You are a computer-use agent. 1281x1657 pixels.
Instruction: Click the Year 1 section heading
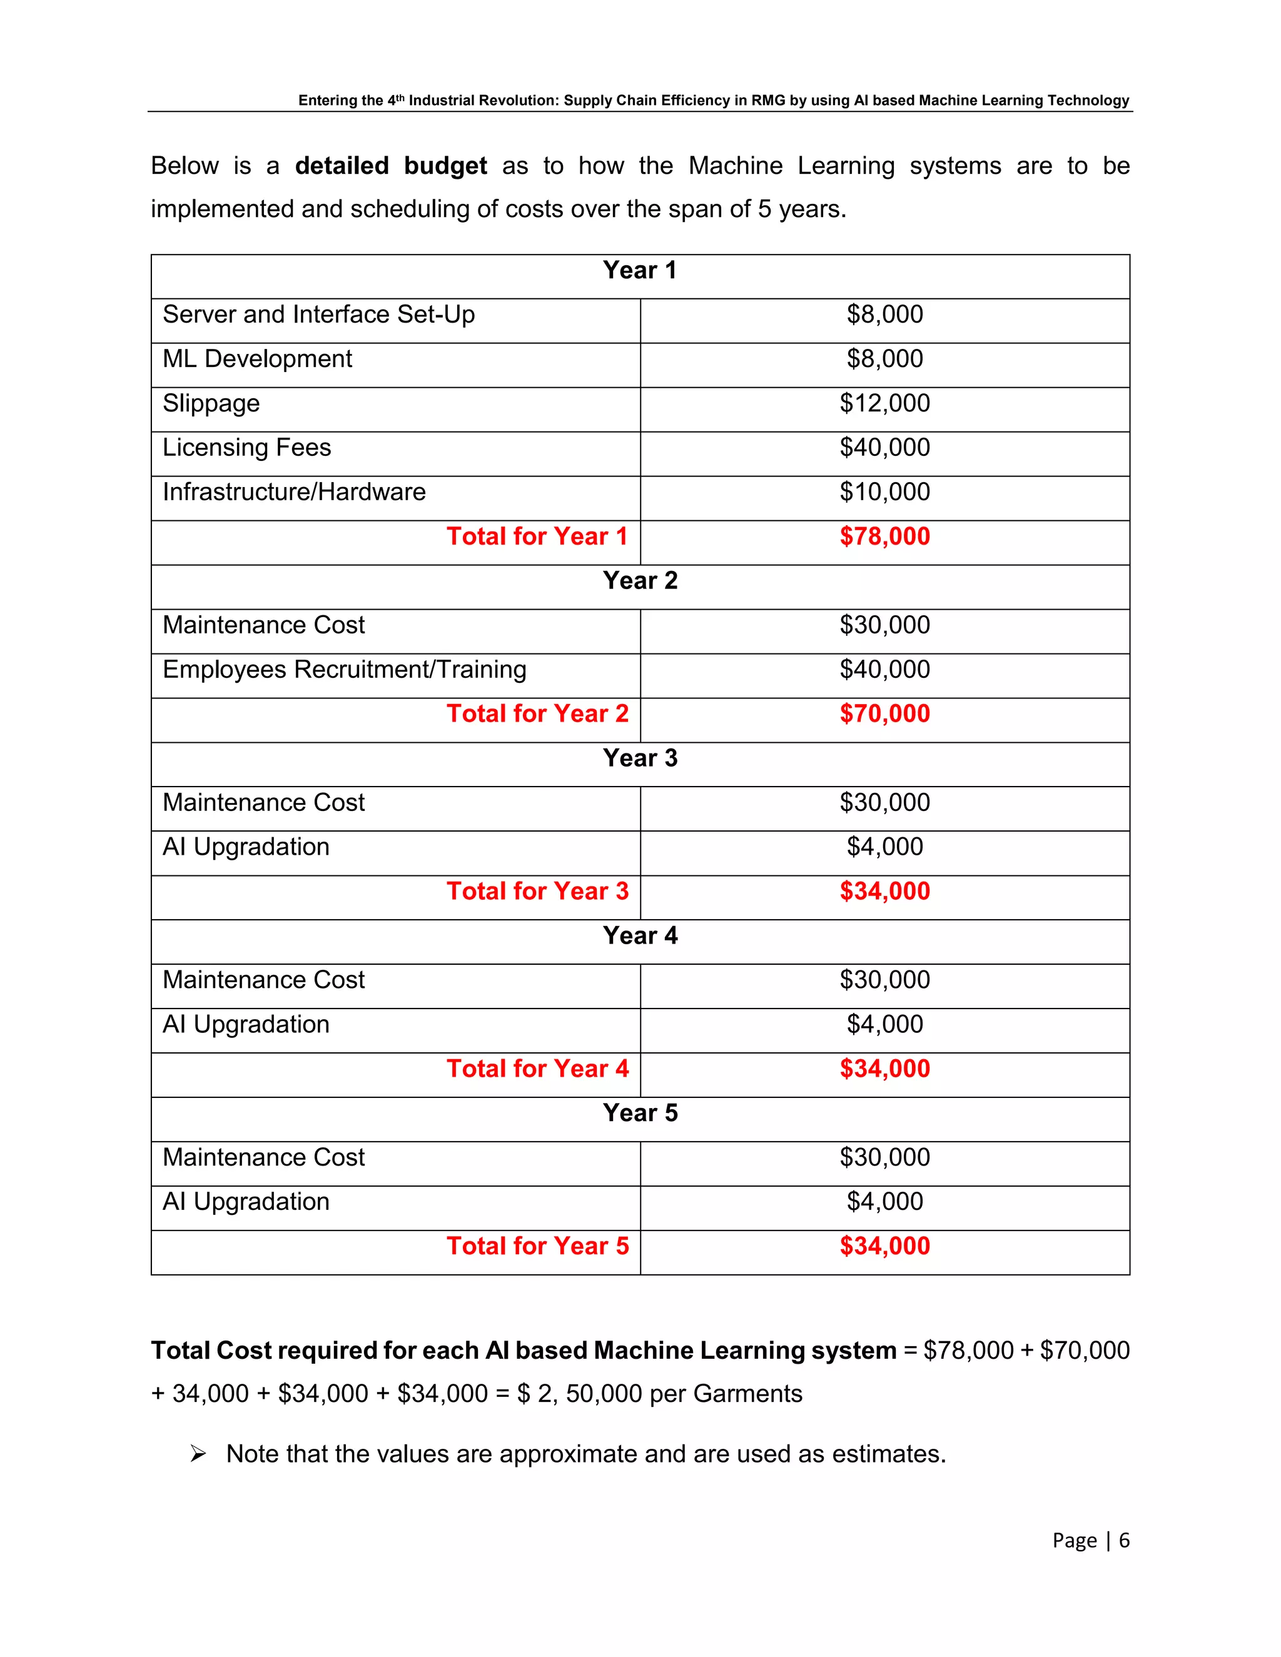pos(640,270)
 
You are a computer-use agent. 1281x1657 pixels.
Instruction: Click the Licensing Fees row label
pos(246,448)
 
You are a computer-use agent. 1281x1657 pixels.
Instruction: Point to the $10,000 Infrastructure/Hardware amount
pos(884,492)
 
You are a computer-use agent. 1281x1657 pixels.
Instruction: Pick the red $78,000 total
pos(884,536)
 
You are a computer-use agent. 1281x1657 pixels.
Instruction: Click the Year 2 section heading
pos(640,580)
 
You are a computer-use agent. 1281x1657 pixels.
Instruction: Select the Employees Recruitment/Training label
pos(345,670)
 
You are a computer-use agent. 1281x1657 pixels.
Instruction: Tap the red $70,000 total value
pos(884,714)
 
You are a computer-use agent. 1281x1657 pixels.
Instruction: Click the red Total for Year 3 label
pos(537,892)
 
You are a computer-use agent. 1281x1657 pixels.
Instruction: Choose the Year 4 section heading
pos(640,935)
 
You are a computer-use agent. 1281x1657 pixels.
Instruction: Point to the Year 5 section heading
pos(640,1113)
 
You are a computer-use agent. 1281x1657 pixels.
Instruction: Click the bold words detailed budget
pos(391,166)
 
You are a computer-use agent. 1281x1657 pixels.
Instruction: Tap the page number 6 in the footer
pos(1124,1541)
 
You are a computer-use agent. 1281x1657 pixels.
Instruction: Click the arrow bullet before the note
pos(198,1454)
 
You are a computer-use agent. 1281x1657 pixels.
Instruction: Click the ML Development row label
pos(257,359)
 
